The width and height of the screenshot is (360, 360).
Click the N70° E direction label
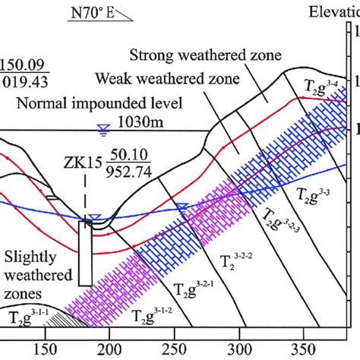pyautogui.click(x=99, y=14)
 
